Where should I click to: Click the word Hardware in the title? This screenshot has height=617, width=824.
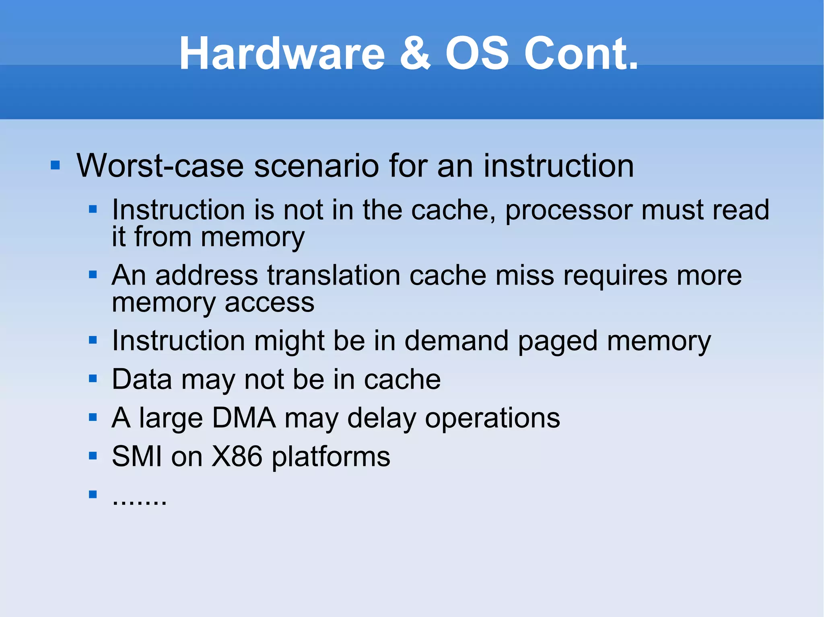(x=282, y=54)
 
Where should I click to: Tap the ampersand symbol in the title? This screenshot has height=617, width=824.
(x=415, y=54)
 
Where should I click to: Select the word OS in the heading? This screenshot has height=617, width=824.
(x=477, y=54)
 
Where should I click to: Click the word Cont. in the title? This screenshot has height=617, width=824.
(x=581, y=54)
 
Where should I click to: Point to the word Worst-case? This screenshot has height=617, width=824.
(x=160, y=166)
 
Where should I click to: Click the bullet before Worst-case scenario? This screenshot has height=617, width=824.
(x=56, y=165)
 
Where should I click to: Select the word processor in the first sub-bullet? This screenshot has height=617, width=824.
(x=568, y=211)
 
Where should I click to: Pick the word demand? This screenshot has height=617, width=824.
(x=456, y=341)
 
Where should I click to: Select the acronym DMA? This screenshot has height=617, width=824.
(x=244, y=418)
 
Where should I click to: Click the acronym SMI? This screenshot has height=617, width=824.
(x=137, y=457)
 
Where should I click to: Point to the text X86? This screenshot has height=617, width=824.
(x=237, y=457)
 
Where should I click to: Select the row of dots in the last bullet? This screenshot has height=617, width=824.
(x=139, y=503)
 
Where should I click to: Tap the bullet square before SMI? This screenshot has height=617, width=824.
(x=93, y=456)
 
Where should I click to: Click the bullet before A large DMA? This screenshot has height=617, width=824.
(x=93, y=417)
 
